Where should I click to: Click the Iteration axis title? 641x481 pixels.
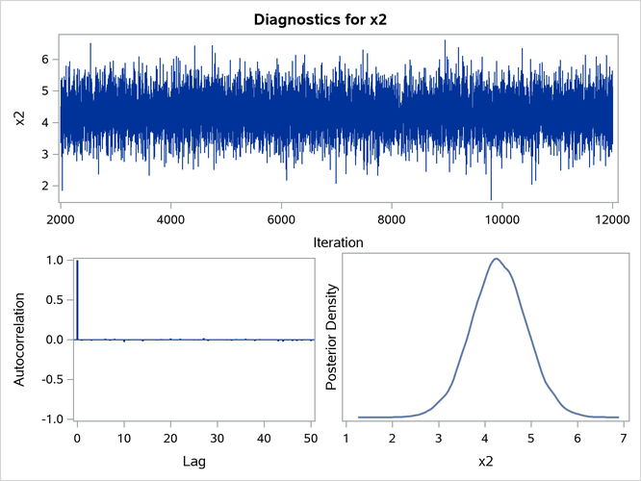tap(336, 244)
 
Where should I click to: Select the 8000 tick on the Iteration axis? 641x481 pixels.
tap(391, 217)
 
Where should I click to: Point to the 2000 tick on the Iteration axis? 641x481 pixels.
tap(61, 217)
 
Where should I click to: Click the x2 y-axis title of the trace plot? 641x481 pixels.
tap(19, 118)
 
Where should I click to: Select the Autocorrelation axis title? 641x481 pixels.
tap(19, 339)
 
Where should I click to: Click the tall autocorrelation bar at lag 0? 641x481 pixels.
tap(77, 299)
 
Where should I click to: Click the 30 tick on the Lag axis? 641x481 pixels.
tap(218, 436)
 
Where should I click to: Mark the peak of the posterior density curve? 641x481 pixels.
tap(497, 258)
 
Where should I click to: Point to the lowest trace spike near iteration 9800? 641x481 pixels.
tap(490, 199)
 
